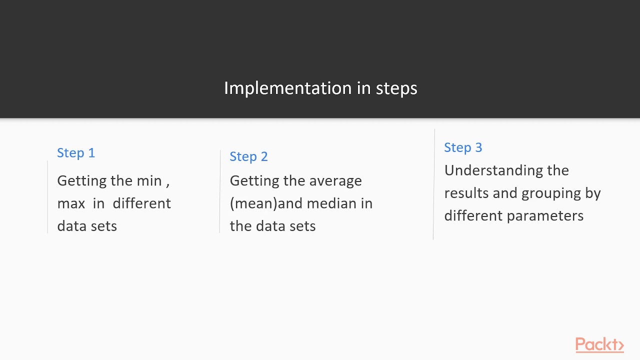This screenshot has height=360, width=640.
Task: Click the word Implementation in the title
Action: (288, 88)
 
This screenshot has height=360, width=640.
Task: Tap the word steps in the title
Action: (396, 88)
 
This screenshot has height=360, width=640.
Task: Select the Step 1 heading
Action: (76, 153)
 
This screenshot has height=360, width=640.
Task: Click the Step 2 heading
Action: (248, 156)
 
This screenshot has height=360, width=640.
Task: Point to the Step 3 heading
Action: (463, 147)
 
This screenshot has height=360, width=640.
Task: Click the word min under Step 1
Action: (149, 180)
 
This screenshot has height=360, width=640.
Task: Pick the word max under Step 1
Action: (71, 203)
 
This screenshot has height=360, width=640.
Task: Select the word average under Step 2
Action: (335, 181)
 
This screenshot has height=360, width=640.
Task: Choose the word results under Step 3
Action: (466, 193)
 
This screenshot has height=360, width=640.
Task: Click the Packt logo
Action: (599, 345)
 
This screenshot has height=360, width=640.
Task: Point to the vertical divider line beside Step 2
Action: (220, 191)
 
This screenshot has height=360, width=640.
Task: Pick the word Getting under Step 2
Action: (254, 181)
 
